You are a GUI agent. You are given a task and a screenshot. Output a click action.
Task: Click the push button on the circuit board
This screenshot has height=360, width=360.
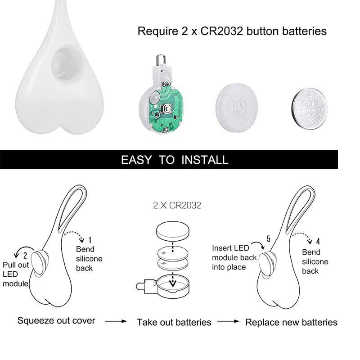point(167,108)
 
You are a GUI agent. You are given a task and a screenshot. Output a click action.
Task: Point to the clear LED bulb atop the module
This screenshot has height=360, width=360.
point(160,60)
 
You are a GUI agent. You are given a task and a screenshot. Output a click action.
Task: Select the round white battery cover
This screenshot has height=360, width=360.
point(237,107)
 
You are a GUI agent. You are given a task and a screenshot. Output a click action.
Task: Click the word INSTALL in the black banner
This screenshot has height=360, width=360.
point(205,160)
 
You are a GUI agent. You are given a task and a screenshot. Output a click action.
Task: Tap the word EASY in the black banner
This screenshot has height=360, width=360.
point(136,160)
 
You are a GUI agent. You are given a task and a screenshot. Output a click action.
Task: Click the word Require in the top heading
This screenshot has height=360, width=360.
point(158,31)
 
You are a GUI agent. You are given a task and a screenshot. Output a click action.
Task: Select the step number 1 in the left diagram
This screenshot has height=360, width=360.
point(90,240)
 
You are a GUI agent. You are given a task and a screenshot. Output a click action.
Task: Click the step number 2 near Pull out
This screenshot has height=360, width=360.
point(25,255)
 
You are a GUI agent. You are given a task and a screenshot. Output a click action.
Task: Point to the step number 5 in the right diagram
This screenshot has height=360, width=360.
point(268,239)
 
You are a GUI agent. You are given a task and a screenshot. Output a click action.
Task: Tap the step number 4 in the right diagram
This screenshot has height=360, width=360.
point(318,242)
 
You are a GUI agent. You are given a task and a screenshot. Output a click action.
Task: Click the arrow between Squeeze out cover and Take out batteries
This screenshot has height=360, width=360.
point(116,321)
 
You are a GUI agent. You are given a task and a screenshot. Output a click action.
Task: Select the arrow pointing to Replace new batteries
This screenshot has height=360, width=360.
point(228,321)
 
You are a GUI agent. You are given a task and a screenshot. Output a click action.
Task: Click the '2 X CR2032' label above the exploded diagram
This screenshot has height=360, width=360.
point(177,205)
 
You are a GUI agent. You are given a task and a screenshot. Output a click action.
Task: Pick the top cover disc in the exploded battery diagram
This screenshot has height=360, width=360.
point(173,231)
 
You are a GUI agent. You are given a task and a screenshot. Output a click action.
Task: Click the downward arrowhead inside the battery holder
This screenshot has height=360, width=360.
point(173,283)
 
